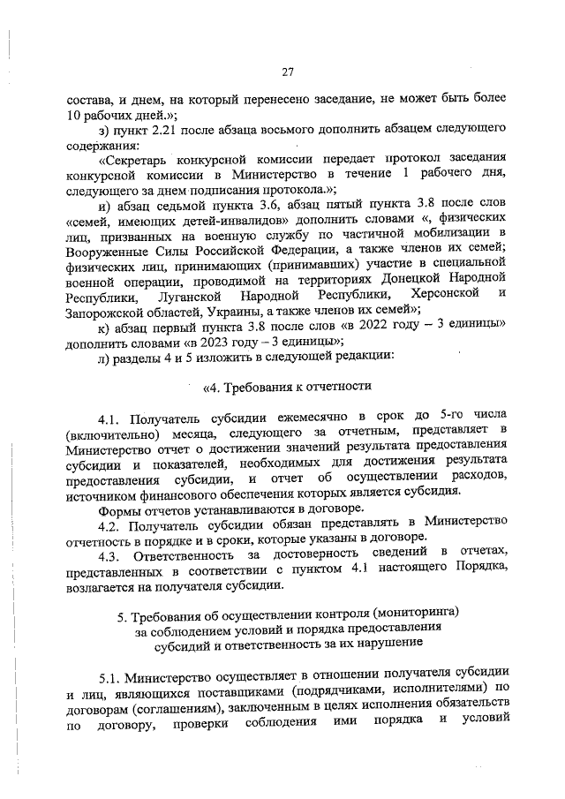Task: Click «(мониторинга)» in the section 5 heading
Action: pyautogui.click(x=410, y=613)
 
